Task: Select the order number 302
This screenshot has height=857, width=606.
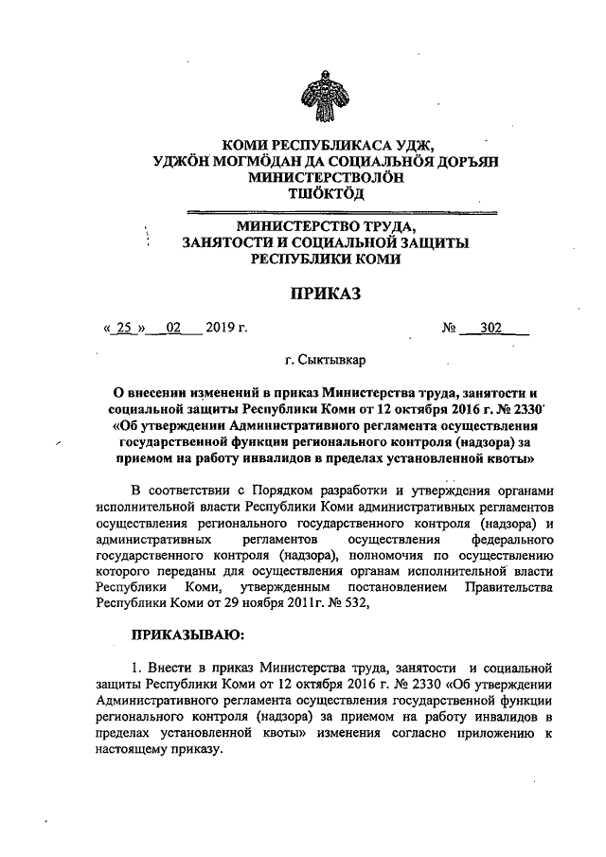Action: (490, 329)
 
